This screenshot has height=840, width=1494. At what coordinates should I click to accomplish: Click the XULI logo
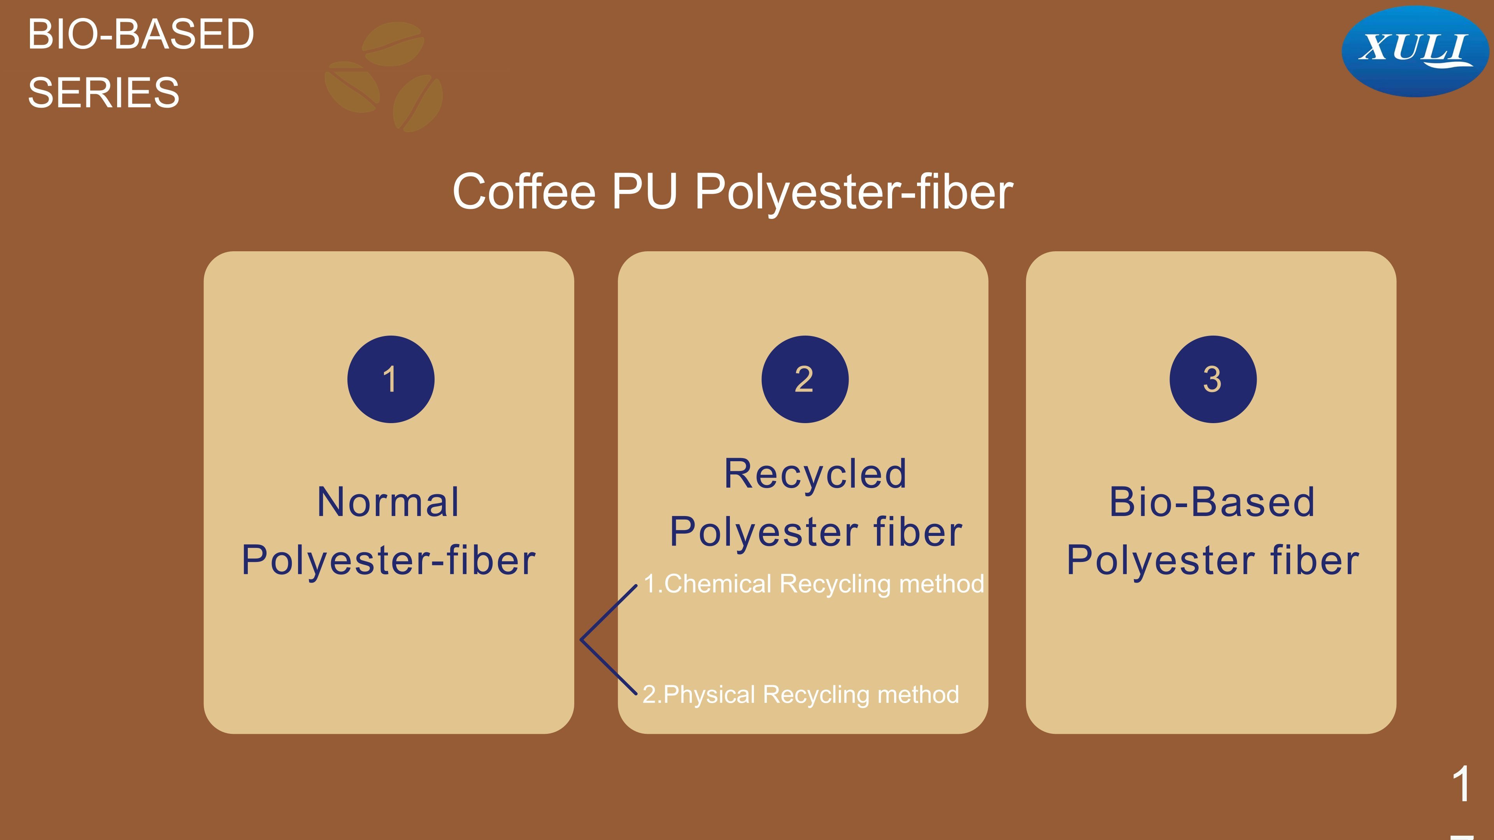(1415, 51)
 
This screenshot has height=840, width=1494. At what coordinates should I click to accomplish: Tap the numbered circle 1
(391, 379)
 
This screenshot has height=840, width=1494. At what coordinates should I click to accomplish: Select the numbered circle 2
(805, 379)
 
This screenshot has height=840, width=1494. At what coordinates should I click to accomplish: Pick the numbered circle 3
(1213, 379)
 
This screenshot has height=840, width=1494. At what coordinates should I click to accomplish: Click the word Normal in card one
(388, 502)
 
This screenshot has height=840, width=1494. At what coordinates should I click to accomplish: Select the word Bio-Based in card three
(1212, 502)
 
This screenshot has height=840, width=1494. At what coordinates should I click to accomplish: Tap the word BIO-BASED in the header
(141, 34)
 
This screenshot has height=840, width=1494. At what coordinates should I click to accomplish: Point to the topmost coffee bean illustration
(393, 44)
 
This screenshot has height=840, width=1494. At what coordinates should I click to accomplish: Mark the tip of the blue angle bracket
(580, 640)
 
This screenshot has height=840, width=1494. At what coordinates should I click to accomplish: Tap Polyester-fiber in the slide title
(854, 192)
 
